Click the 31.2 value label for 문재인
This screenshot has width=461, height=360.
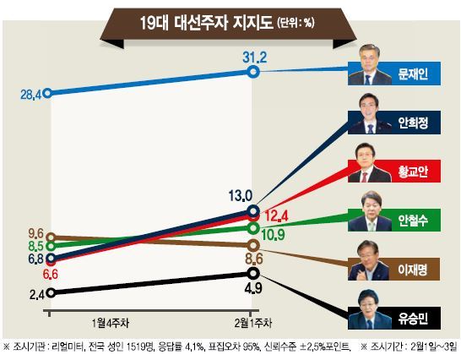(x=255, y=57)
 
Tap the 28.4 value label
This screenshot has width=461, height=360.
(x=31, y=95)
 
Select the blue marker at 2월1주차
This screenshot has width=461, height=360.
(x=252, y=72)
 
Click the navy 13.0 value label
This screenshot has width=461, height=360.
(x=241, y=195)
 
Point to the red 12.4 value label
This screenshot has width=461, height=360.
(x=276, y=216)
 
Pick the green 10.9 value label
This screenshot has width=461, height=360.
(x=273, y=235)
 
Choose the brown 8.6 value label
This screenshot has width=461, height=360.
(x=254, y=259)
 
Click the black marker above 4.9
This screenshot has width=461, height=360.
(x=252, y=274)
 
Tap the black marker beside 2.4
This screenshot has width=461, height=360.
(x=51, y=292)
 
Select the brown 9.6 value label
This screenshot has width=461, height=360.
(x=35, y=234)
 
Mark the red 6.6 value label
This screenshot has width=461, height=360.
(x=51, y=275)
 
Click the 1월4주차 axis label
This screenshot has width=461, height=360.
(x=111, y=323)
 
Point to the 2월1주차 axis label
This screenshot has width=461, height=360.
(x=253, y=323)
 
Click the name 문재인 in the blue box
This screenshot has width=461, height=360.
(x=413, y=74)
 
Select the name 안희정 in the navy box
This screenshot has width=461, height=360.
(x=413, y=123)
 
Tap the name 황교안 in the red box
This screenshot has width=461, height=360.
(x=413, y=172)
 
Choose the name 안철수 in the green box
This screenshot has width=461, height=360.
(x=413, y=221)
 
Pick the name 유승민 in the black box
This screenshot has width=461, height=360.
(x=413, y=319)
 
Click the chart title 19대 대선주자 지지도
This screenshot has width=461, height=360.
(x=206, y=23)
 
